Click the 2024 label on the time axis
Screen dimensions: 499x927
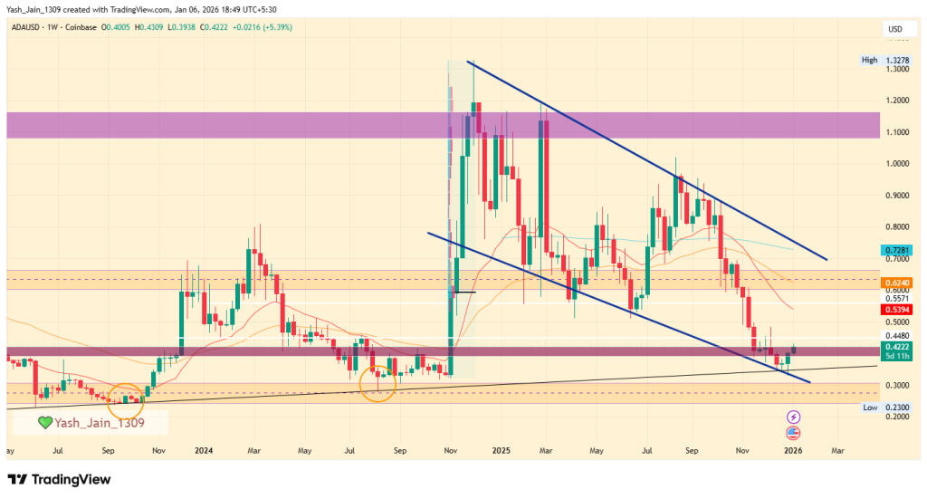point(203,450)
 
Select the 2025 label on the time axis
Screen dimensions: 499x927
point(498,450)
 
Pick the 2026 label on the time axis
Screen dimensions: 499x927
point(792,450)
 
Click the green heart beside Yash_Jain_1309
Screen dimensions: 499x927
point(45,422)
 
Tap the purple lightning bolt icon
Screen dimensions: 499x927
point(794,417)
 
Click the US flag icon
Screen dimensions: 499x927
point(794,432)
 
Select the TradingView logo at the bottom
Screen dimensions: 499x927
point(61,478)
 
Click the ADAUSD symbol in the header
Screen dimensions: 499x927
point(28,28)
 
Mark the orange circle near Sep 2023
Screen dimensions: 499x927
point(125,397)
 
